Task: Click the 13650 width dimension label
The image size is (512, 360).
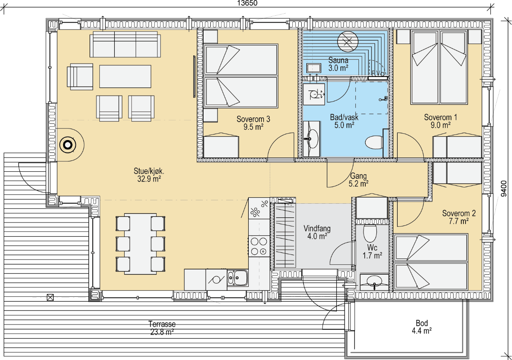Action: click(247, 3)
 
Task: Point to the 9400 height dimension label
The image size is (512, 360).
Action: click(504, 188)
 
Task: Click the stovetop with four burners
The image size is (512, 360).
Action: click(259, 246)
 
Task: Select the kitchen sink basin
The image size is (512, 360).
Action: click(238, 278)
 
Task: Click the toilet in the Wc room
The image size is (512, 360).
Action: click(370, 233)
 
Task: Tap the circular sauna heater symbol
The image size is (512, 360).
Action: click(348, 41)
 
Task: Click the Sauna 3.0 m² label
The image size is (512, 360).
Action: click(338, 64)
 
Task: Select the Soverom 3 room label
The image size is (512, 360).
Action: click(253, 123)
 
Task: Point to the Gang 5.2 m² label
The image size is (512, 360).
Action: click(358, 180)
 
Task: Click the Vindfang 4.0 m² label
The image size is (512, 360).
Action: click(317, 232)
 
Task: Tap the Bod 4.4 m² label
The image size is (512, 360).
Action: click(422, 327)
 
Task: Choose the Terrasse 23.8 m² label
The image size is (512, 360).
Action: click(162, 328)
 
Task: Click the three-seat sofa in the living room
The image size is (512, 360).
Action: click(125, 44)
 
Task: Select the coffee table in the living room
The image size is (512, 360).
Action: click(125, 76)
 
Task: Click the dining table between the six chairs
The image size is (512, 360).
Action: click(140, 244)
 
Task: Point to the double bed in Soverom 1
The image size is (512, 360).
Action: click(439, 67)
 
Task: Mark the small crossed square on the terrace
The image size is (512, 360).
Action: click(50, 297)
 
